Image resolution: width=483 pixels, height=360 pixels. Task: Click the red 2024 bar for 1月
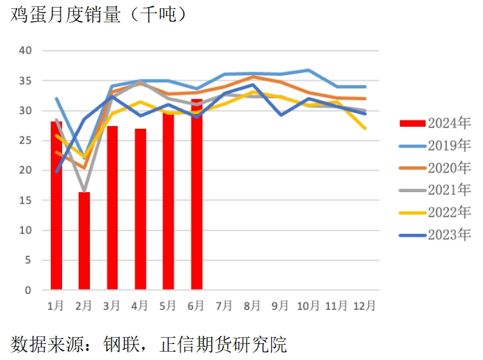point(56,205)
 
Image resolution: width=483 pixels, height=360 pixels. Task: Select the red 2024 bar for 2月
point(84,240)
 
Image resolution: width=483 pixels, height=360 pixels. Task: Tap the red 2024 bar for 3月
point(112,208)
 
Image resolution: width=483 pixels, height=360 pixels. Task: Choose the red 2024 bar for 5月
point(168,201)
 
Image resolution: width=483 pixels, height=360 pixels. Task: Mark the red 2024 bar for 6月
point(197,194)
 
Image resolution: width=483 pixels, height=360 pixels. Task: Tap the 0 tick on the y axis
point(28,290)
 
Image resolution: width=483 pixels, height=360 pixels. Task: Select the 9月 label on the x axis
point(280,306)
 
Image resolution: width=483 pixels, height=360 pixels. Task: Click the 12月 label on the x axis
point(365,306)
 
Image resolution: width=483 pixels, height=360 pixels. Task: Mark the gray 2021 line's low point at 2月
point(84,191)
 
